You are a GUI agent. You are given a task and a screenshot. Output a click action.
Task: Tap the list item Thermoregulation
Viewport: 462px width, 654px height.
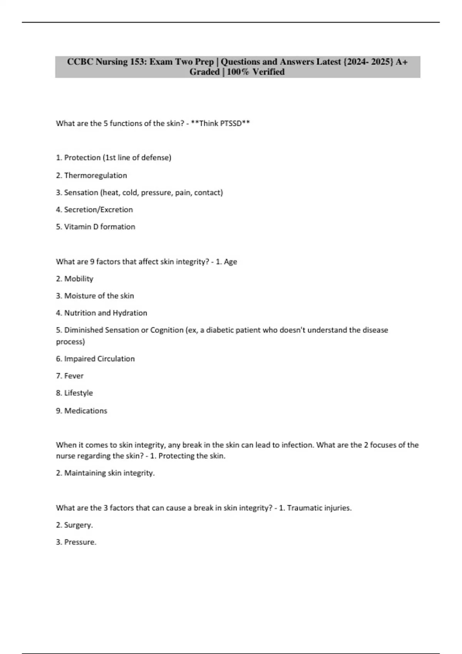(x=95, y=175)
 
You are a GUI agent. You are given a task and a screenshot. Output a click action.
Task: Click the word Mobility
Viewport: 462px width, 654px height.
(x=79, y=279)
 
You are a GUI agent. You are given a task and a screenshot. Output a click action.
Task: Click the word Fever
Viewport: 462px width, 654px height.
(x=74, y=376)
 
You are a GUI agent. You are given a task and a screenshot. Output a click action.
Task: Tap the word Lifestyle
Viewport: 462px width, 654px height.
(x=79, y=393)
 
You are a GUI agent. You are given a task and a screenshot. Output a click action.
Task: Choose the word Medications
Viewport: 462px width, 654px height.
(x=85, y=411)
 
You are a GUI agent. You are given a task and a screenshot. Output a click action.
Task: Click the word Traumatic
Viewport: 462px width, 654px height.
(x=305, y=508)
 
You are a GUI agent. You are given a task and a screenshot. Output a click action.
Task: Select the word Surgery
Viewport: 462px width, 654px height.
(x=78, y=525)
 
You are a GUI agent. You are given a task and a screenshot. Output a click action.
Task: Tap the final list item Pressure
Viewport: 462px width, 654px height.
(x=80, y=542)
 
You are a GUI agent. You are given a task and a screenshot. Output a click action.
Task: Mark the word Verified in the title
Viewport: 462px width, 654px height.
(x=268, y=72)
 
